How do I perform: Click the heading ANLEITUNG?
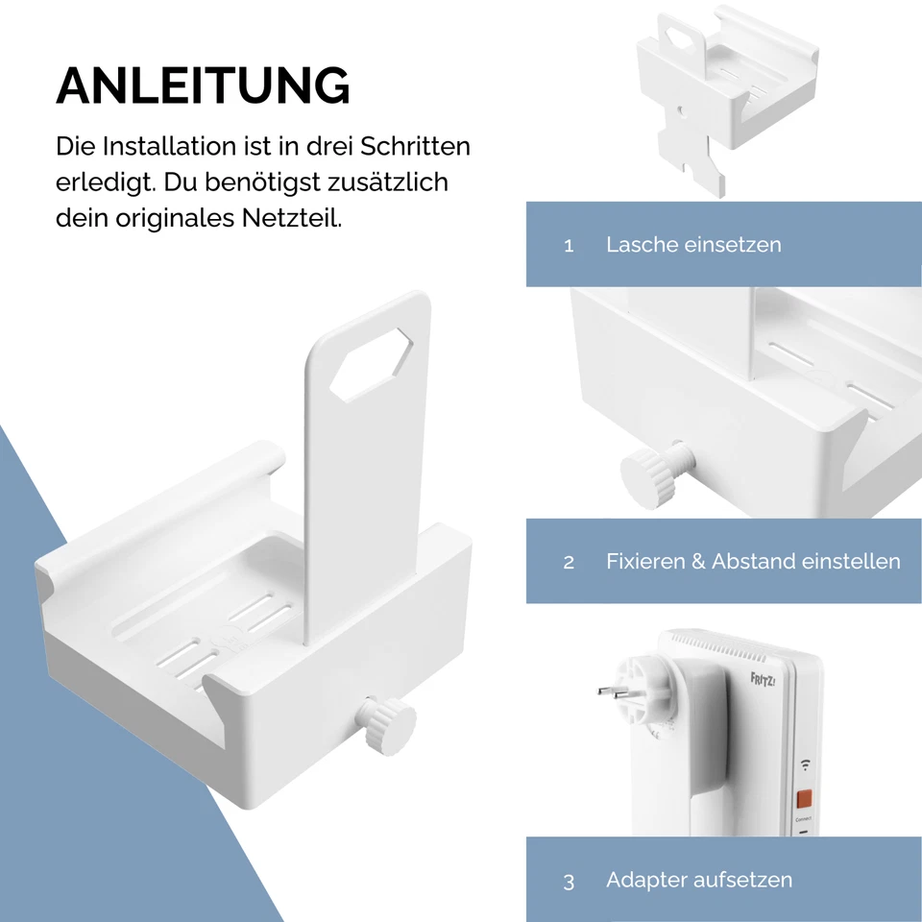pyautogui.click(x=203, y=86)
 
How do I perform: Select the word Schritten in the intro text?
pyautogui.click(x=416, y=147)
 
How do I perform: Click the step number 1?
pyautogui.click(x=569, y=246)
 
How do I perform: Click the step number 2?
pyautogui.click(x=569, y=563)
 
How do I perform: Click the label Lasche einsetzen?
pyautogui.click(x=693, y=245)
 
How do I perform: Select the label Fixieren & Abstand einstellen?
pyautogui.click(x=753, y=562)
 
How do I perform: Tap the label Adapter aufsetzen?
pyautogui.click(x=699, y=880)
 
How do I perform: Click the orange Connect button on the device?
pyautogui.click(x=804, y=798)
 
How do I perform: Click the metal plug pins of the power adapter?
pyautogui.click(x=611, y=691)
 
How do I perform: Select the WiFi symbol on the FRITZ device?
pyautogui.click(x=803, y=765)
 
